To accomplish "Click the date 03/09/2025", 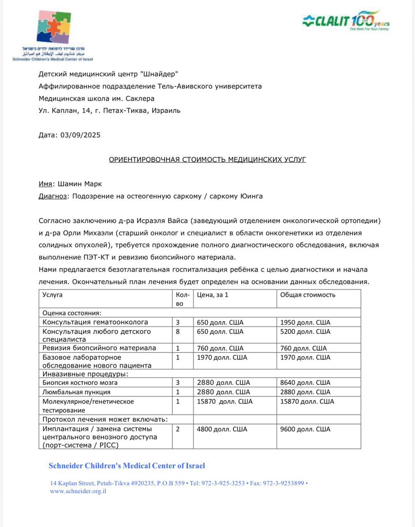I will click(80, 135).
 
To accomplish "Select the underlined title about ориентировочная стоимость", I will click(207, 159).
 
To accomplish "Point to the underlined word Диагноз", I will click(52, 196).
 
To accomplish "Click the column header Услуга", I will click(52, 295).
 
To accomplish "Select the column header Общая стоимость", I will click(308, 295).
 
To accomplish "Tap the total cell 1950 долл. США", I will click(305, 322).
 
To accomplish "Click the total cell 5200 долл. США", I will click(305, 331).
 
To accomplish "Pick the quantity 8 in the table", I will click(178, 331).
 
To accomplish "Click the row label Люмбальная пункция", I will click(77, 392).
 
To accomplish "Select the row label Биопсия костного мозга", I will click(80, 382).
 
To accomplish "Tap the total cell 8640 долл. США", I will click(305, 382).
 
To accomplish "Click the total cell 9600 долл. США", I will click(305, 429).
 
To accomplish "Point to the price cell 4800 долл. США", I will click(222, 429).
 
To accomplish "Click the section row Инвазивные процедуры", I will click(85, 374).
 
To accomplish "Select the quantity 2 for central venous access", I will click(178, 429).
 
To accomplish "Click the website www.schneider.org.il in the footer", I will click(78, 491).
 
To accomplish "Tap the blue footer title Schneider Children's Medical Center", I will click(127, 466).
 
